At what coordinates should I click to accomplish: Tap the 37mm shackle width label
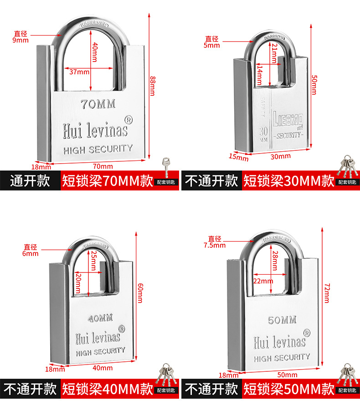(79, 72)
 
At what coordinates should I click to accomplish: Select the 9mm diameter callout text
(21, 36)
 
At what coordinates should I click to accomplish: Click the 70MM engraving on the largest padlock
(98, 104)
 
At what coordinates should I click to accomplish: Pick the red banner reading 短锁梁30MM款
(289, 181)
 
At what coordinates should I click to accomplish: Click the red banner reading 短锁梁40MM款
(108, 389)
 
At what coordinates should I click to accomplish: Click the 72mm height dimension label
(326, 293)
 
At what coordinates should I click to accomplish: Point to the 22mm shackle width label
(263, 281)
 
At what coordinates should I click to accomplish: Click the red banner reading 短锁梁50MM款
(289, 389)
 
